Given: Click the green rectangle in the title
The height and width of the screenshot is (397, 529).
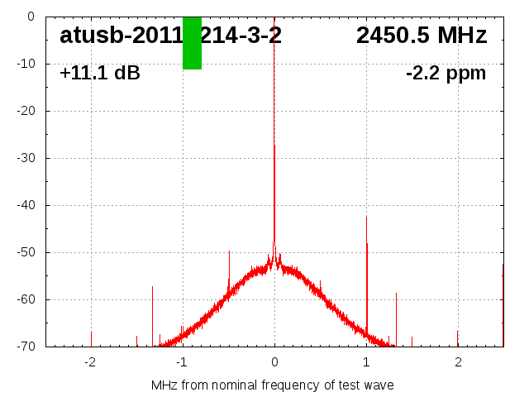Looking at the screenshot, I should [x=192, y=43].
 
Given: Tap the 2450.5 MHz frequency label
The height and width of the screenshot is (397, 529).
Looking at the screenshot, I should [x=422, y=36].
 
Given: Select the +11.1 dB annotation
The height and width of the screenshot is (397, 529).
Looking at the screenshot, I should [x=100, y=74].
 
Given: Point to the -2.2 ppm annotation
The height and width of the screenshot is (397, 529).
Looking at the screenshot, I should [x=446, y=74].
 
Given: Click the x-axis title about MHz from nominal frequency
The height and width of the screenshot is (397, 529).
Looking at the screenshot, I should [x=272, y=385].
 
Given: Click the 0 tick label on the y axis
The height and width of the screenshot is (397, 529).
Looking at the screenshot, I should [x=30, y=17].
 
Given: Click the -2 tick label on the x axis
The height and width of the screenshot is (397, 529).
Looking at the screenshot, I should [x=89, y=362].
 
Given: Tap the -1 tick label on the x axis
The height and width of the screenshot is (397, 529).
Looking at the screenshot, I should [x=181, y=362].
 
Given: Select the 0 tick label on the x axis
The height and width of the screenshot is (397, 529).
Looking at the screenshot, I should [x=274, y=362].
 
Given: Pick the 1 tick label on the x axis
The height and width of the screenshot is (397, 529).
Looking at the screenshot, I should [x=366, y=362].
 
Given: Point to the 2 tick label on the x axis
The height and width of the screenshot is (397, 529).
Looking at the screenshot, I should [x=458, y=362].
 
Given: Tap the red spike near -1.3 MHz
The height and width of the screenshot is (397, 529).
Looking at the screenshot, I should [x=153, y=314].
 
